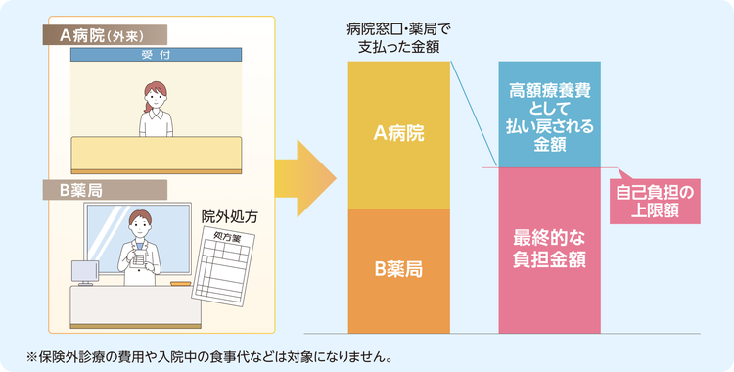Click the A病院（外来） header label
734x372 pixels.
coord(105,34)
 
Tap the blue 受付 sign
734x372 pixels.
coord(156,55)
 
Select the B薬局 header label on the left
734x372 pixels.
coord(105,190)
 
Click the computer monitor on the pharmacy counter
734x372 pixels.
coord(85,272)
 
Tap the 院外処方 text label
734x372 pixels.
coord(229,216)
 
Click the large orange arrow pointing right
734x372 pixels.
coord(305,178)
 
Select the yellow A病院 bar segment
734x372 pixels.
coord(399,135)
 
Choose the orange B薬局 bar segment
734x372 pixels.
coord(399,271)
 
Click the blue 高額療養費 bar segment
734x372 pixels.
coord(550,115)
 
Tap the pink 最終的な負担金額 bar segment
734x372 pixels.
coord(550,251)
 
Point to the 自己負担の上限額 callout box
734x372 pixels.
coord(655,201)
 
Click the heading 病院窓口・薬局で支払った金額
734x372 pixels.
coord(399,39)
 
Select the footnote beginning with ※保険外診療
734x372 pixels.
coord(208,357)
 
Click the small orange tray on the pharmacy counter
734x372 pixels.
coord(181,284)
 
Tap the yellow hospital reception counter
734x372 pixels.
coord(157,155)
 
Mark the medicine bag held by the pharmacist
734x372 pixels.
coord(138,258)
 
